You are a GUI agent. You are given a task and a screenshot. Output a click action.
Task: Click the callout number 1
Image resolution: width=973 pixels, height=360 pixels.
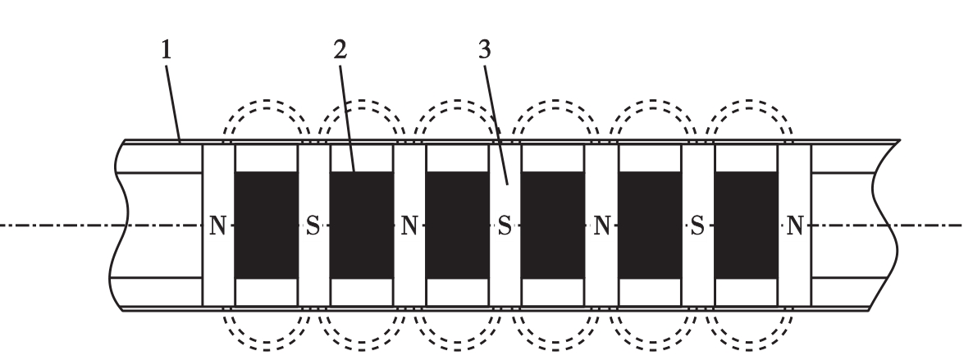click(166, 50)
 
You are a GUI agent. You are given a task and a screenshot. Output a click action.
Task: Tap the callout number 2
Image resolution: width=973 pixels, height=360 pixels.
click(340, 50)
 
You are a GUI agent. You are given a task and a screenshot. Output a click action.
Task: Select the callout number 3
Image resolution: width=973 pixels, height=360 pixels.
click(485, 50)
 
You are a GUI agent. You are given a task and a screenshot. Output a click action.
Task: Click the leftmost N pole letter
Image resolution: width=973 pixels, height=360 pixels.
click(217, 226)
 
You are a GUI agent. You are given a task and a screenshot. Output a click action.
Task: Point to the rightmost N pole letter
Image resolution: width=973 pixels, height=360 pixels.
click(795, 226)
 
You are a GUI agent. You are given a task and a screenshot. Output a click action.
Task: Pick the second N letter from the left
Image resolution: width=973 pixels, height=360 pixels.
click(409, 226)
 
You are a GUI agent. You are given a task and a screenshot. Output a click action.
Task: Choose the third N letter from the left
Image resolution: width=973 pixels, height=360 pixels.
click(602, 226)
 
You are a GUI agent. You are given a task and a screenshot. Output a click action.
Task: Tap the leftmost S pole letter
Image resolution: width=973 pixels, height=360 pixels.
click(313, 226)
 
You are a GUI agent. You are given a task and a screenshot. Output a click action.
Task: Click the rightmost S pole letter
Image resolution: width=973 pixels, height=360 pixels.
click(697, 226)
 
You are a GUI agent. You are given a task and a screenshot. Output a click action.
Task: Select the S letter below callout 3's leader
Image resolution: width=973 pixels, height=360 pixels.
click(505, 226)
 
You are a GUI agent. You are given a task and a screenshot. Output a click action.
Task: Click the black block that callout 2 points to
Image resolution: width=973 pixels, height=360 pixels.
click(362, 226)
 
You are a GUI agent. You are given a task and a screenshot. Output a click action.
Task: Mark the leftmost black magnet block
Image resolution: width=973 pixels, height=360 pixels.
click(266, 226)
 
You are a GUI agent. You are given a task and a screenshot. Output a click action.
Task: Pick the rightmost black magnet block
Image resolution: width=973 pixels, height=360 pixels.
click(747, 226)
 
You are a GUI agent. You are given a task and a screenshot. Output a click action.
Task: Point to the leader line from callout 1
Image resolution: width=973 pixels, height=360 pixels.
click(172, 103)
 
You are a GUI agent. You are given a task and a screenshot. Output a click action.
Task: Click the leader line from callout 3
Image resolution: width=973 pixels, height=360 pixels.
click(496, 125)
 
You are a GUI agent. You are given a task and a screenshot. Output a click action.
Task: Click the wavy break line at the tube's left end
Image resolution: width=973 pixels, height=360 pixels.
click(118, 226)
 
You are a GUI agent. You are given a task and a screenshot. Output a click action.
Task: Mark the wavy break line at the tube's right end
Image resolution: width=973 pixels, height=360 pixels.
click(884, 226)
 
